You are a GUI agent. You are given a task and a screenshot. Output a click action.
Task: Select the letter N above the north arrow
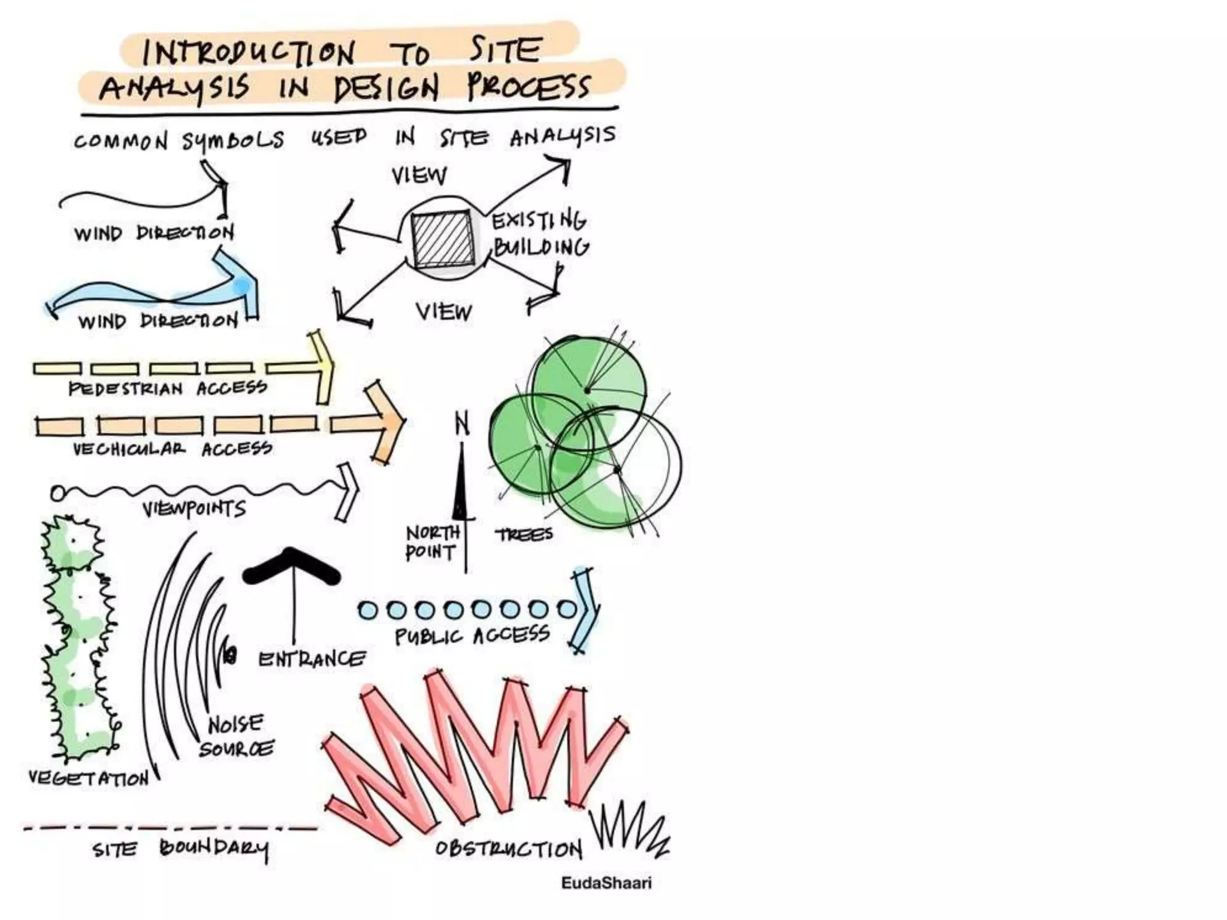(x=462, y=424)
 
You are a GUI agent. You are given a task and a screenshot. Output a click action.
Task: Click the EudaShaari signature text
(x=606, y=883)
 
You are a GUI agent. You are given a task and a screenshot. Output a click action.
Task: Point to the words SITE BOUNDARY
(x=180, y=849)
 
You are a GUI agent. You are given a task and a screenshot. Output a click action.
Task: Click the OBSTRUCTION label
(x=509, y=849)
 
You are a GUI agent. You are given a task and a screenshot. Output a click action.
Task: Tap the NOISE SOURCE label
(x=236, y=736)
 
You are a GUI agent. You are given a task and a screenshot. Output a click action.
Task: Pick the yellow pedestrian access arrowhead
(x=321, y=367)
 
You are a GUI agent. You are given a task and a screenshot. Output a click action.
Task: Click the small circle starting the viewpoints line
(x=58, y=494)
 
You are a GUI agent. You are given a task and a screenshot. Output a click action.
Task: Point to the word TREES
(x=524, y=534)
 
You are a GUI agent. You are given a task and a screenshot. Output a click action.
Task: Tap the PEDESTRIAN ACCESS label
(x=168, y=388)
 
